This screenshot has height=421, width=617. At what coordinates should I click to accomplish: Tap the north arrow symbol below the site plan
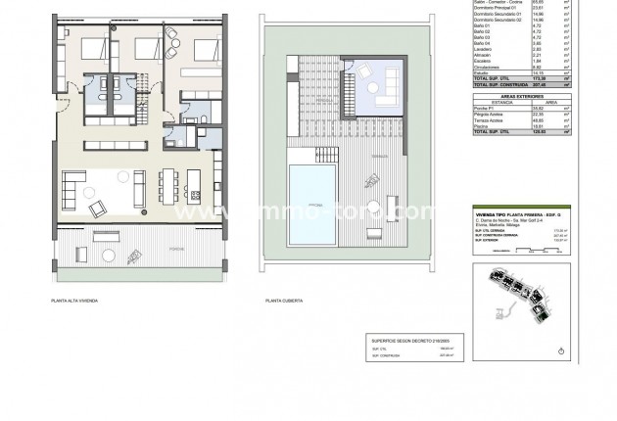559,351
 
